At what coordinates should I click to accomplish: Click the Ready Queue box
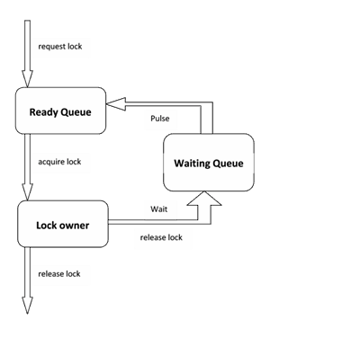point(60,111)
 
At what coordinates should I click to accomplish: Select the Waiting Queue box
point(209,163)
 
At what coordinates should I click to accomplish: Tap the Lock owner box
point(63,224)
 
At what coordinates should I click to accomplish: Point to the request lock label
point(60,47)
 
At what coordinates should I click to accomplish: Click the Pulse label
point(160,119)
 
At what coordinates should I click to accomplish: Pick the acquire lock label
point(59,162)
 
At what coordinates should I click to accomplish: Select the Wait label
point(159,209)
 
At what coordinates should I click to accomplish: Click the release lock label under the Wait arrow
point(161,237)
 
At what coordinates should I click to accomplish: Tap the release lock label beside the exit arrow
point(59,274)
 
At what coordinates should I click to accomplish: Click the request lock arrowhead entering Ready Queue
point(27,79)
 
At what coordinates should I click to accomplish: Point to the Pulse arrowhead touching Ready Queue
point(116,104)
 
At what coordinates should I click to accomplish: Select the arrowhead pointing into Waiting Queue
point(204,199)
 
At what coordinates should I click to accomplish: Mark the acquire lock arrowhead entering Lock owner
point(27,192)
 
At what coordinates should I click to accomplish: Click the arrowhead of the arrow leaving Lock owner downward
point(27,306)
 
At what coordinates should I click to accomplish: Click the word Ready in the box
point(44,112)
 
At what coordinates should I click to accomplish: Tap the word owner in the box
point(74,226)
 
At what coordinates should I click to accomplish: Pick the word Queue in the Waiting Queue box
point(227,164)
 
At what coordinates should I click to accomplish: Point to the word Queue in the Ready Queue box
point(76,112)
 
